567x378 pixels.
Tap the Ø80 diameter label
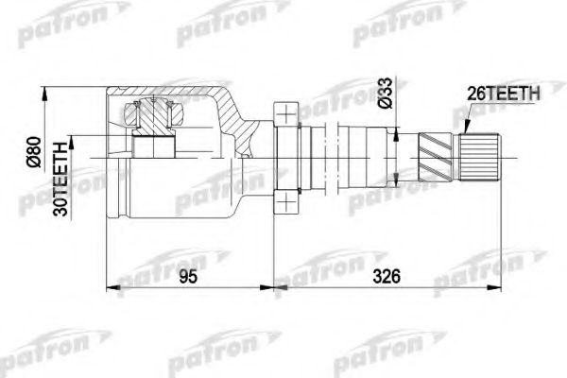(x=32, y=151)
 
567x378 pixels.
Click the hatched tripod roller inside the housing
(x=154, y=118)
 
